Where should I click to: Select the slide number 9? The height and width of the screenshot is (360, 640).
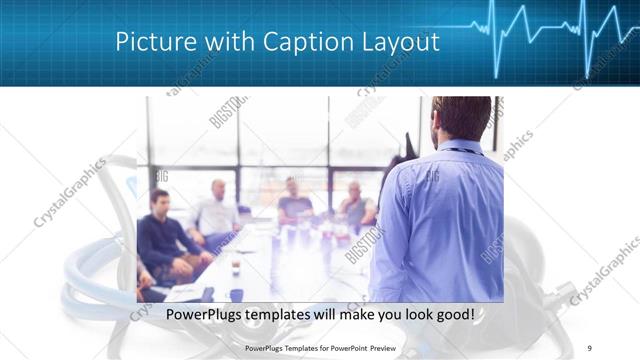[x=590, y=348]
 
